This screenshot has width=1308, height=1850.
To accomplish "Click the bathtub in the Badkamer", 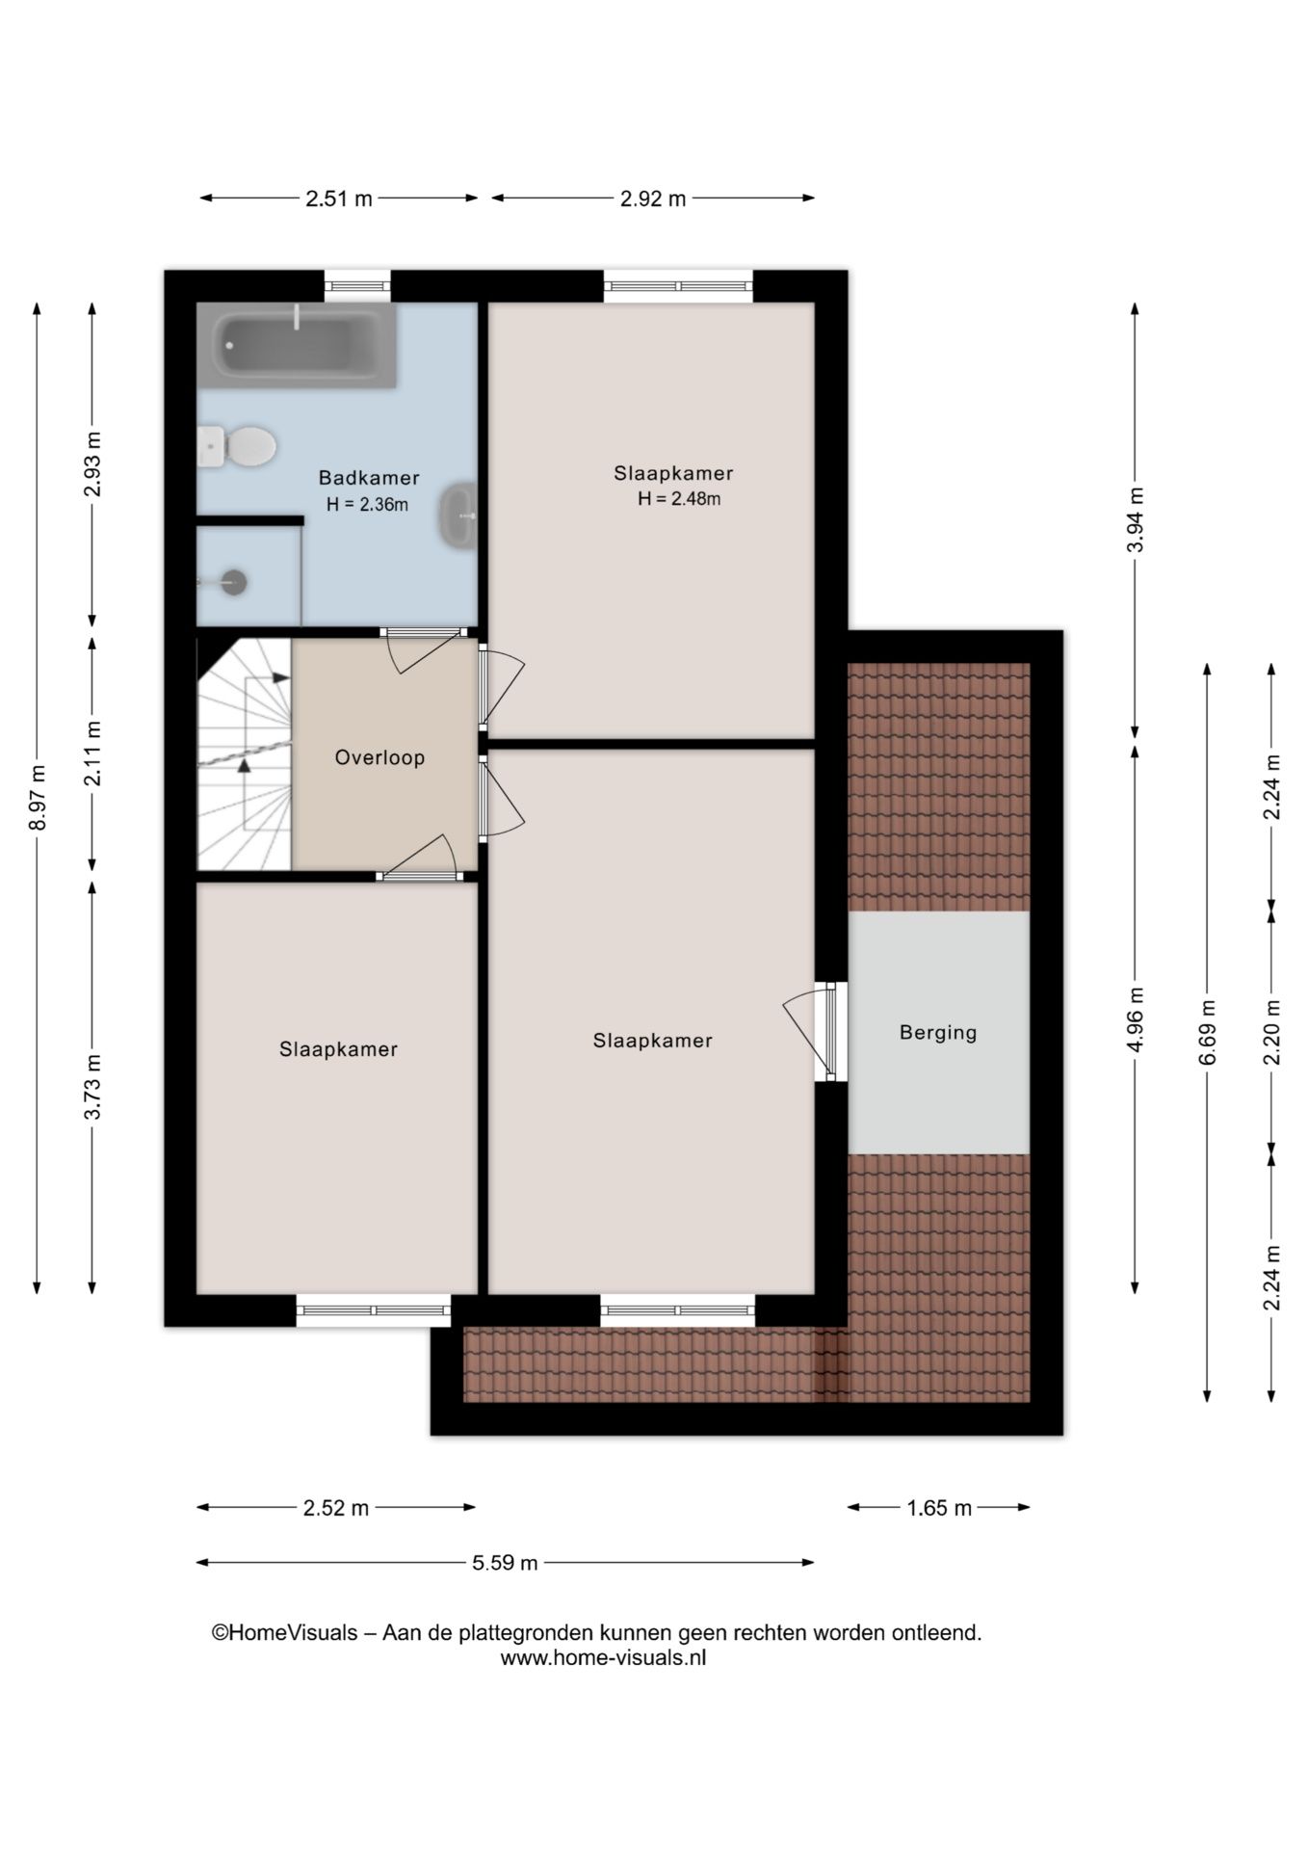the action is tap(296, 346).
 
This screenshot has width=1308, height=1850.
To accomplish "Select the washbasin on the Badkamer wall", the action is tap(459, 515).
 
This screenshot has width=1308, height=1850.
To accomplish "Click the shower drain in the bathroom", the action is tap(233, 582).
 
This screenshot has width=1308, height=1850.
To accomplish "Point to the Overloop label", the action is tap(379, 757).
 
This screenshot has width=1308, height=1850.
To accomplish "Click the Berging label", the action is tap(938, 1033).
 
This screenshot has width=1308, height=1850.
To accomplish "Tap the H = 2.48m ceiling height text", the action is tap(679, 499).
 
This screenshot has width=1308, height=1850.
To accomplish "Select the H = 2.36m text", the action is tap(367, 504).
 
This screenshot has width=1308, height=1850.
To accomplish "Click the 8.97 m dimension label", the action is tap(37, 797).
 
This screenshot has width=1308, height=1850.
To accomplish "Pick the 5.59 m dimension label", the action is tap(505, 1562).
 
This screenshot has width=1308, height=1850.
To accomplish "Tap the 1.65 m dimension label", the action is tap(939, 1508).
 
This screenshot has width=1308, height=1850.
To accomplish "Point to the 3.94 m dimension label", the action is tap(1136, 519).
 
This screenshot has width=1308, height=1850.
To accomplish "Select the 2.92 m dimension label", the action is tap(653, 198).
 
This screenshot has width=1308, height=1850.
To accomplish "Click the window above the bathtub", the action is tap(357, 285).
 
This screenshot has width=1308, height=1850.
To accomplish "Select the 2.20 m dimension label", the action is tap(1272, 1032).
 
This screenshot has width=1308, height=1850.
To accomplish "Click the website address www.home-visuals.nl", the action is tap(603, 1658).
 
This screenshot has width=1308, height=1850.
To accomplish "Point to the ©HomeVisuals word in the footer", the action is tap(284, 1633).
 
